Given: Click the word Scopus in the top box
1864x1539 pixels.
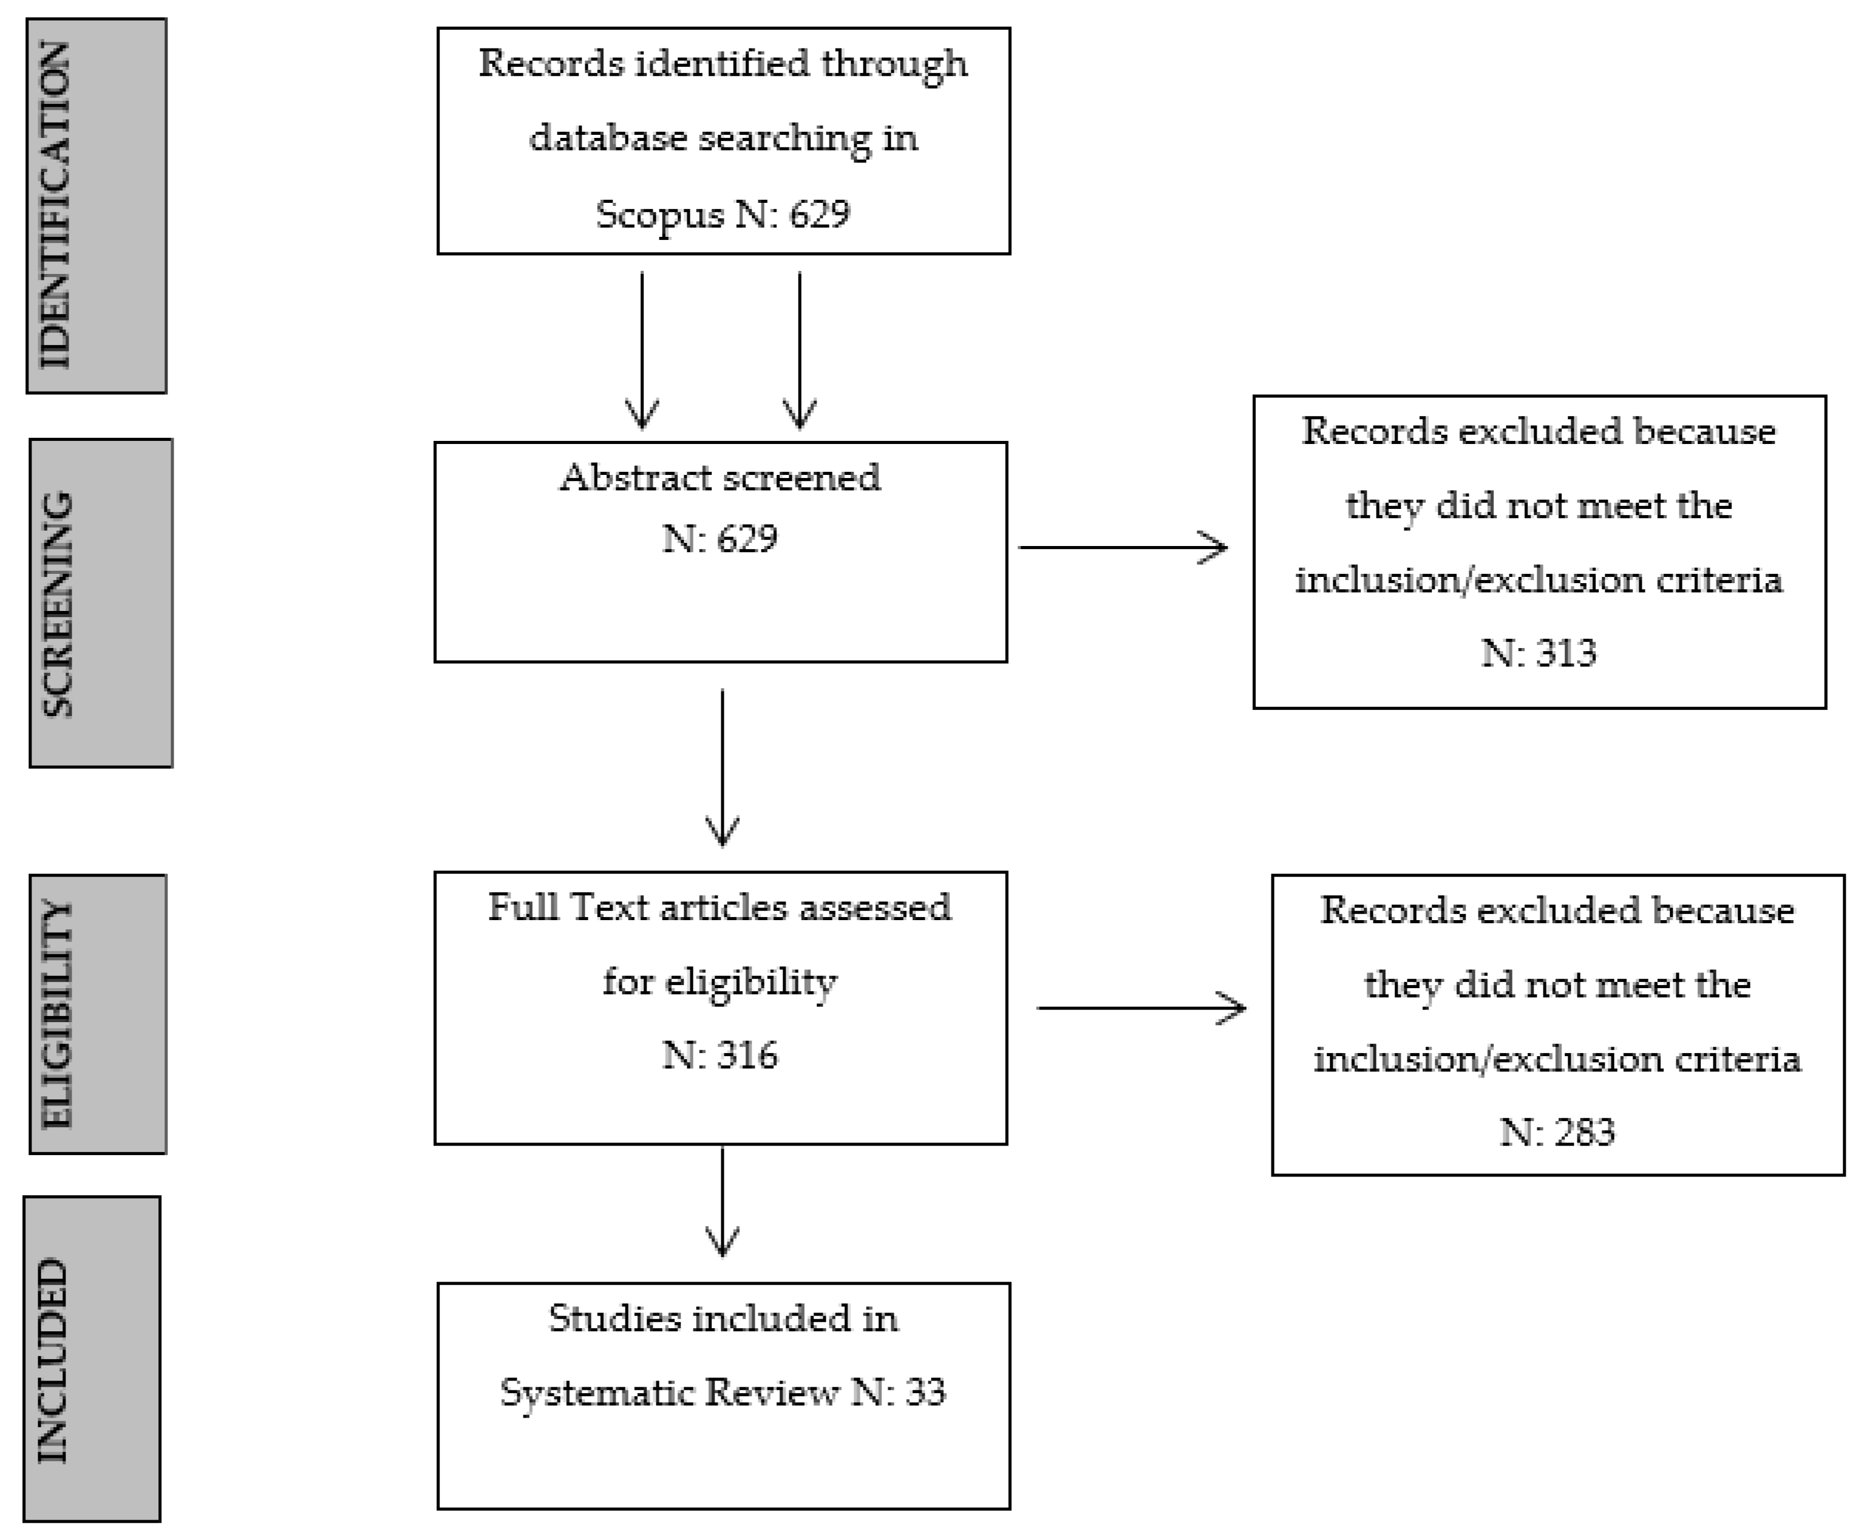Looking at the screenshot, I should [659, 214].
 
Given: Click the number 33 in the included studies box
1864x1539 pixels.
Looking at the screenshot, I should [925, 1393].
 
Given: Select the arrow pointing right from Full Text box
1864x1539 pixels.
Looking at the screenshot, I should [1141, 1008].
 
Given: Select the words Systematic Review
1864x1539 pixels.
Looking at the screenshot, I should [669, 1393].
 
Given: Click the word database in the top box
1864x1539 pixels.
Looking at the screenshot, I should [608, 138].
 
